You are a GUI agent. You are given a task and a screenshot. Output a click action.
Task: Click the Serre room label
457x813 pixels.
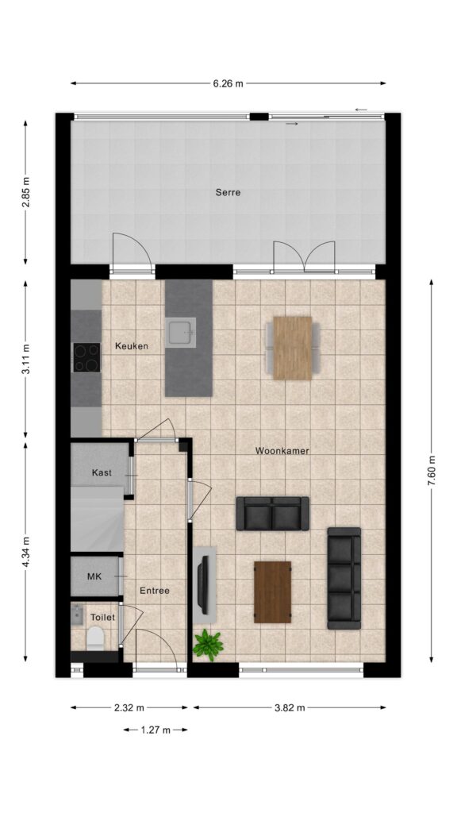tap(228, 192)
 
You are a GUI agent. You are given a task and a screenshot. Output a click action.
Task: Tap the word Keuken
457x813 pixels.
tap(132, 346)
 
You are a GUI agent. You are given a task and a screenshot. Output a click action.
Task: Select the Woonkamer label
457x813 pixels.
tap(282, 451)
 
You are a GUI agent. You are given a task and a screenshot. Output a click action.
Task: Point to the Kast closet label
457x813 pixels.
tap(102, 472)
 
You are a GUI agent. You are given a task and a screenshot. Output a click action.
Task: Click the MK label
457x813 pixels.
tap(94, 576)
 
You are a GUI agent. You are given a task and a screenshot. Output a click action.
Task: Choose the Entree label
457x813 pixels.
tap(155, 591)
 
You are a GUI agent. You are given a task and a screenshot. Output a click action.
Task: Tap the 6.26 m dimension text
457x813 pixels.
tap(228, 83)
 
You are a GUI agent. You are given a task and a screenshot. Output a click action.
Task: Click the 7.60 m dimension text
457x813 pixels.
tap(431, 471)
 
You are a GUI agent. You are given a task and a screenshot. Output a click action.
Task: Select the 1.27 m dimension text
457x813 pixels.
tap(156, 730)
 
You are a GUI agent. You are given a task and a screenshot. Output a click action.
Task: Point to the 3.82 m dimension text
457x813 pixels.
tap(290, 707)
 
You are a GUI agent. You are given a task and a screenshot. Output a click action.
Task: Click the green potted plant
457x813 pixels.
tap(208, 645)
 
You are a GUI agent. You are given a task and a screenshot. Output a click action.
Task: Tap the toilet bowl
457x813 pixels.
tap(95, 638)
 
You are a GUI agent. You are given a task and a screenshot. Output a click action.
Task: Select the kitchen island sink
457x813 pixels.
tap(181, 332)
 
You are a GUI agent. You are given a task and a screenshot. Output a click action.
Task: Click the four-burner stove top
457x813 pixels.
tap(86, 357)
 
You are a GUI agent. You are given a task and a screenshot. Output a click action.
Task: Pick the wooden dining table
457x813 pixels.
tap(293, 348)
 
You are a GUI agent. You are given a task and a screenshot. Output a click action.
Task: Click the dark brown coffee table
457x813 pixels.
tap(273, 592)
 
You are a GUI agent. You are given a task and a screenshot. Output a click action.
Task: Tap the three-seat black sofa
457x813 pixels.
tap(344, 578)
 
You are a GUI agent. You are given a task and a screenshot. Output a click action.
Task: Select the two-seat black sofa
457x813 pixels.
tap(273, 514)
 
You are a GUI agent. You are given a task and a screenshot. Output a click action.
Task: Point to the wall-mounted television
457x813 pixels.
tap(203, 584)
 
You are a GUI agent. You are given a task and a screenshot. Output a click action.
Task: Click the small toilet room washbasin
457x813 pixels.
tap(77, 615)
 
